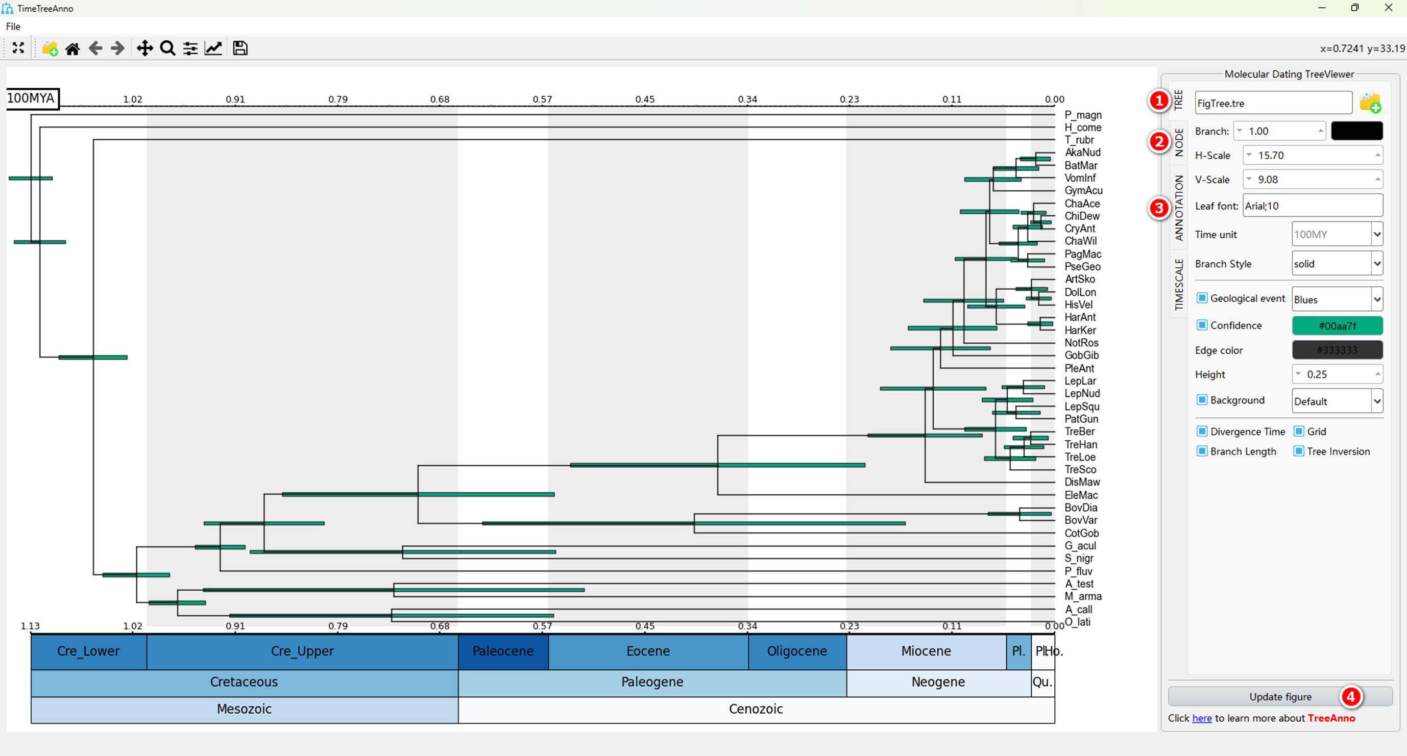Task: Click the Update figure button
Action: (1280, 696)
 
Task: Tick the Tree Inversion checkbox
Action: (1299, 451)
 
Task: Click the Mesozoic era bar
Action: (244, 709)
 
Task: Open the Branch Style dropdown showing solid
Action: (1337, 264)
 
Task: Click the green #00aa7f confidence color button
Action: (1337, 326)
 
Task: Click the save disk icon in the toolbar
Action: (240, 48)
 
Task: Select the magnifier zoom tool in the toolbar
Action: (167, 48)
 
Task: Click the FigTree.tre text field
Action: (1273, 103)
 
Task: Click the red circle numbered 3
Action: (1158, 208)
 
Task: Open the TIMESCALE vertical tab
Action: (1179, 284)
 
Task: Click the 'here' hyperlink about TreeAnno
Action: (1202, 718)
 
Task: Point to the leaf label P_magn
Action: (1083, 115)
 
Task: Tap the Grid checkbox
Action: (1299, 431)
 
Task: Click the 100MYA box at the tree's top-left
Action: (32, 99)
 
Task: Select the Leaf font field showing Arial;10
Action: (1313, 206)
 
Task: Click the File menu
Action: (13, 26)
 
